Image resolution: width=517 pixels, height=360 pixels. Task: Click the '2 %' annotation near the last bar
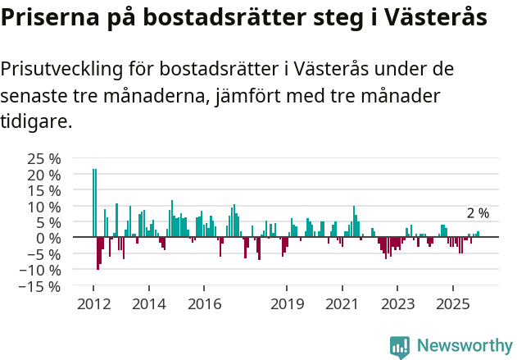[x=478, y=213]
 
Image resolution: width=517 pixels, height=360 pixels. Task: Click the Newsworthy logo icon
[x=400, y=346]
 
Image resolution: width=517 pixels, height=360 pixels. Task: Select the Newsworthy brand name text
[x=465, y=346]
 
